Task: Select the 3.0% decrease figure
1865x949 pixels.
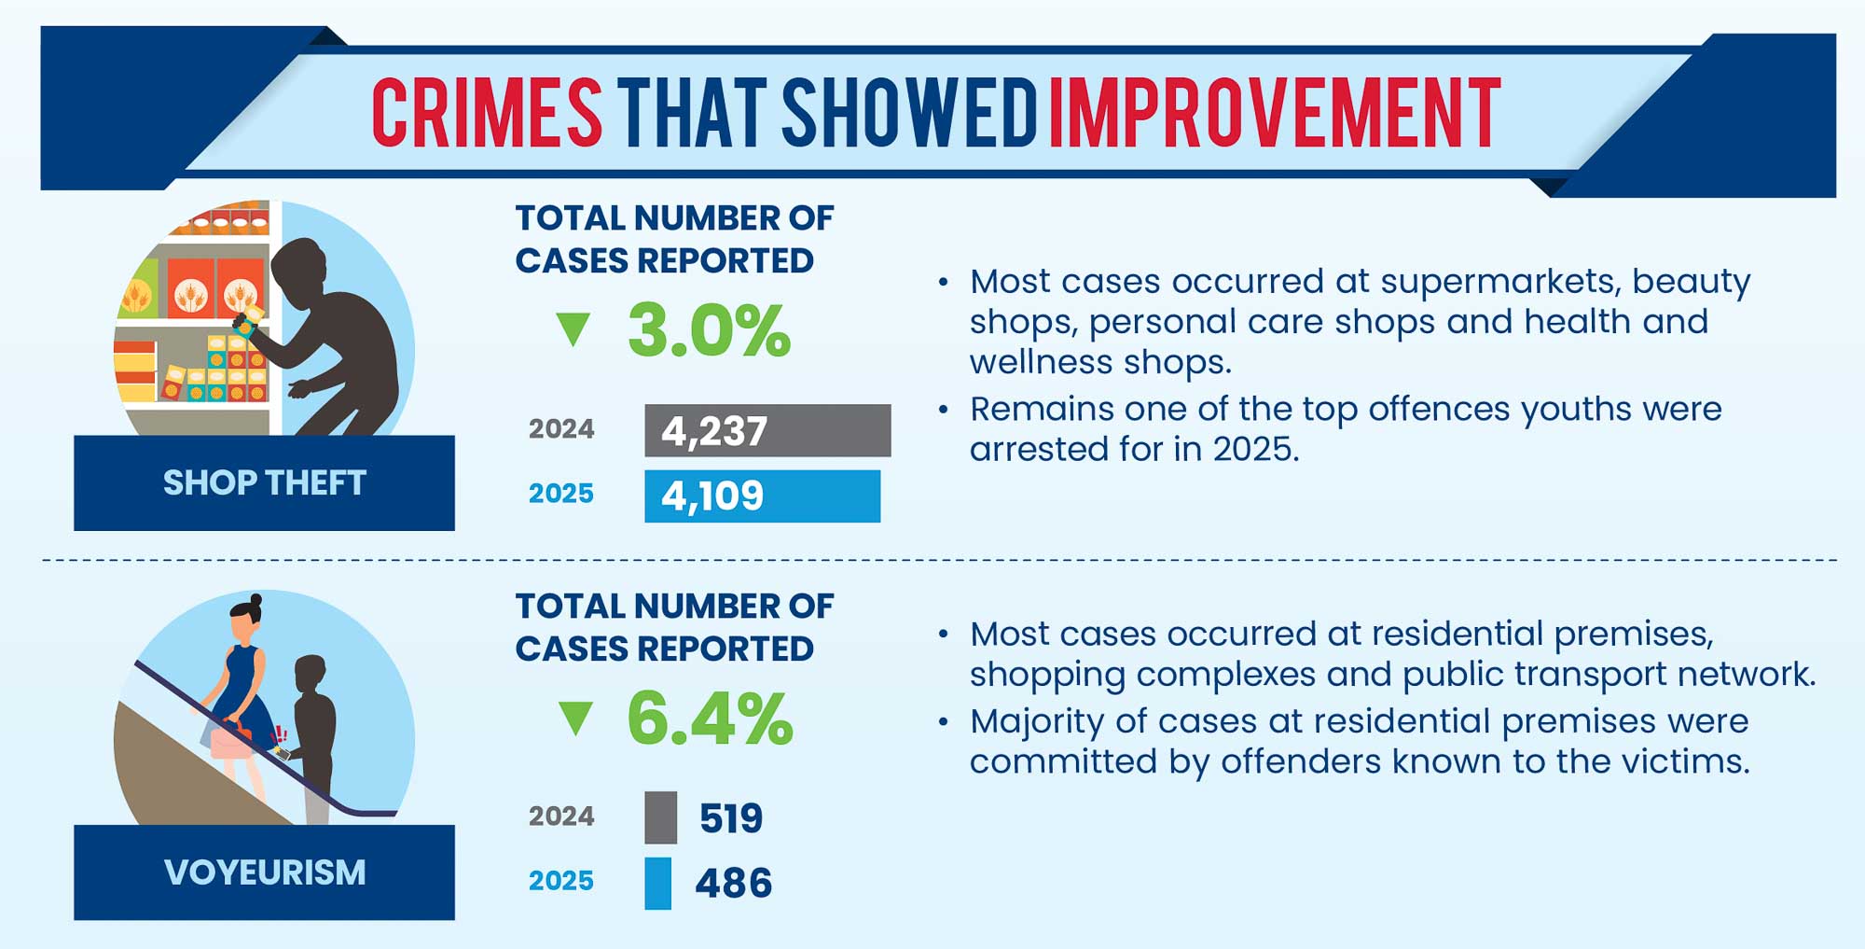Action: click(x=709, y=330)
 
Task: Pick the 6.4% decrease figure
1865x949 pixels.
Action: click(x=710, y=719)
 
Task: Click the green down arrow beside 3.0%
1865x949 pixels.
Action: click(x=573, y=329)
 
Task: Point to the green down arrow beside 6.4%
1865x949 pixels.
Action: click(x=575, y=718)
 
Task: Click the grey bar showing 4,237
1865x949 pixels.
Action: click(x=767, y=430)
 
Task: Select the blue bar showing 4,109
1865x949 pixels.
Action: click(x=762, y=495)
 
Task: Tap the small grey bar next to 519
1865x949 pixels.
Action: click(x=660, y=817)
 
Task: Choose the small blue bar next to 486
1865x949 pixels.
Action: click(x=657, y=883)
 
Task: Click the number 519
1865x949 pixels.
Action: click(x=731, y=818)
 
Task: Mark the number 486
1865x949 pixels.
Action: click(x=734, y=883)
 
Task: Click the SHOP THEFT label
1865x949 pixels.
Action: click(x=264, y=482)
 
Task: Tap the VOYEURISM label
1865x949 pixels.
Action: click(x=264, y=872)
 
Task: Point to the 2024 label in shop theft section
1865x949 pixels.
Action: click(x=560, y=429)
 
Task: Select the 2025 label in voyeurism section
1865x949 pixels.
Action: click(x=560, y=881)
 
